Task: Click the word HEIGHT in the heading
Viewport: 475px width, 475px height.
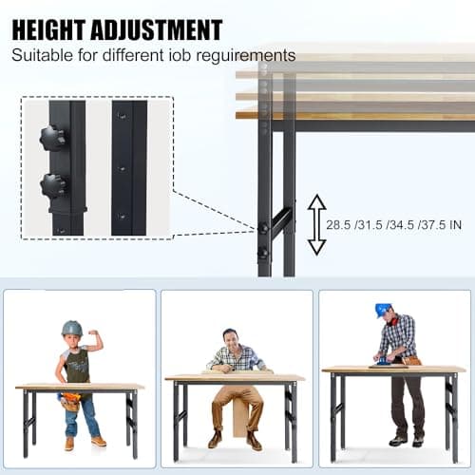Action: point(48,29)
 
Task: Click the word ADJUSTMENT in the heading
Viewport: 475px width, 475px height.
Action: point(157,29)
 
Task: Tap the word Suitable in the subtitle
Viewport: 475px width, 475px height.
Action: point(42,55)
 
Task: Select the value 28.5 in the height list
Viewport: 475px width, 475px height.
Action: point(338,225)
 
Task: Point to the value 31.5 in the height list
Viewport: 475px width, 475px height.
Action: point(370,225)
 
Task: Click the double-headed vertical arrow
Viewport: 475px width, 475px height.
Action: point(316,225)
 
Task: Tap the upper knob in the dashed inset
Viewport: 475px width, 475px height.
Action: point(53,139)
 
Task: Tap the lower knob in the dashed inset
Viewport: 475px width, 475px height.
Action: point(53,185)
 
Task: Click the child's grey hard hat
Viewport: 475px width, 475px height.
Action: point(72,329)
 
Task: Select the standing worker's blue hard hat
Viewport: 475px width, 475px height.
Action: point(383,310)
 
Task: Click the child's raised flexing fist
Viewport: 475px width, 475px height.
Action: point(93,332)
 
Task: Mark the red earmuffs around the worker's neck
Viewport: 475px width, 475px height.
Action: point(393,321)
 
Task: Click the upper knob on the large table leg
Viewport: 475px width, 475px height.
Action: point(262,228)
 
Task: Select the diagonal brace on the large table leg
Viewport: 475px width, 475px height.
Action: point(280,220)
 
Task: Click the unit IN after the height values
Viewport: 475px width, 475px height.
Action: point(455,225)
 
